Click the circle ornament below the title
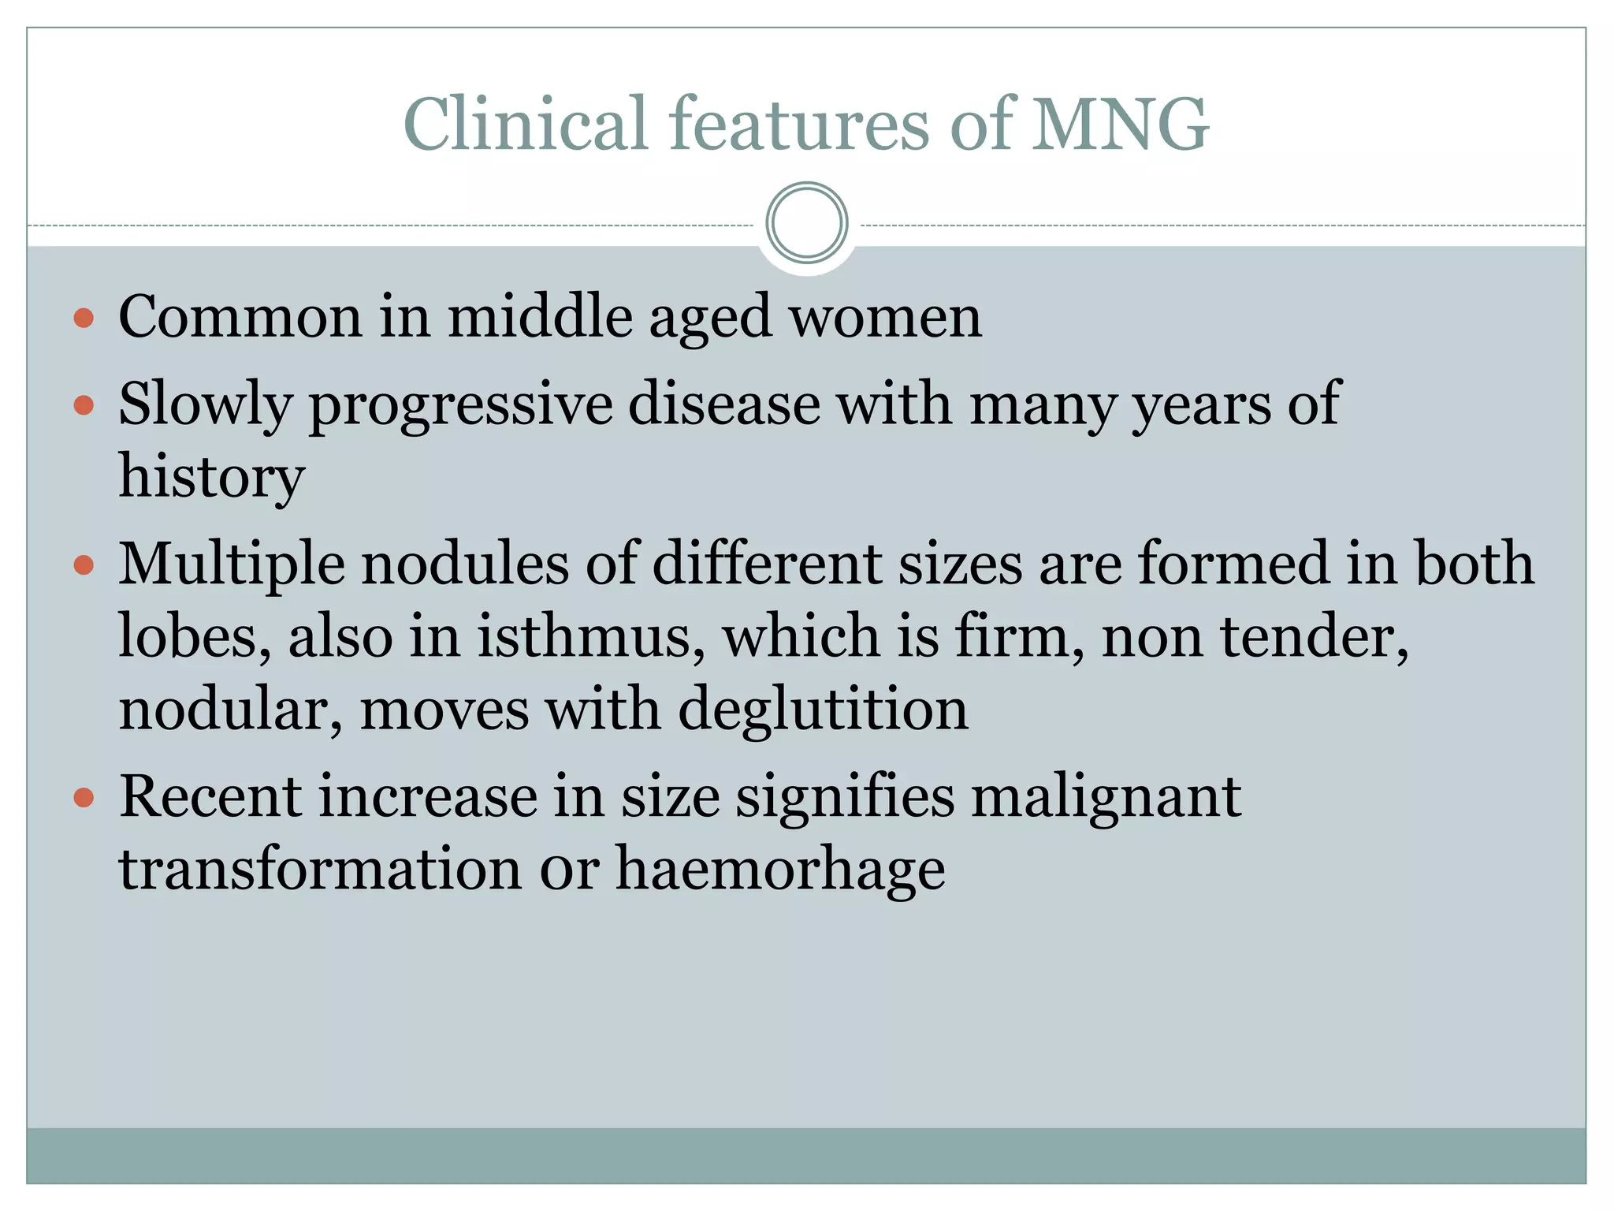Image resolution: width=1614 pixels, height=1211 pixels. pyautogui.click(x=806, y=223)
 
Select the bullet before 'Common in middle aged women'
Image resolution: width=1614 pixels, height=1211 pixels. pyautogui.click(x=84, y=319)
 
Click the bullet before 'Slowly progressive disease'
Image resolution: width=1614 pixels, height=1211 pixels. pyautogui.click(x=84, y=406)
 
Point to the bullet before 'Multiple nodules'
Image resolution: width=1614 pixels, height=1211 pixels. pyautogui.click(x=84, y=565)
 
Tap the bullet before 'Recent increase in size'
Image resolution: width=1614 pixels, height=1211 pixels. pyautogui.click(x=84, y=798)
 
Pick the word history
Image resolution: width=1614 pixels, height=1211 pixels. pyautogui.click(x=211, y=478)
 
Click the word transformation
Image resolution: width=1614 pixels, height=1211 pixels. pyautogui.click(x=320, y=869)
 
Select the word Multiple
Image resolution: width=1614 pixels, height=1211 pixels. pyautogui.click(x=232, y=565)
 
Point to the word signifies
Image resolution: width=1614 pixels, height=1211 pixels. pyautogui.click(x=845, y=797)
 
